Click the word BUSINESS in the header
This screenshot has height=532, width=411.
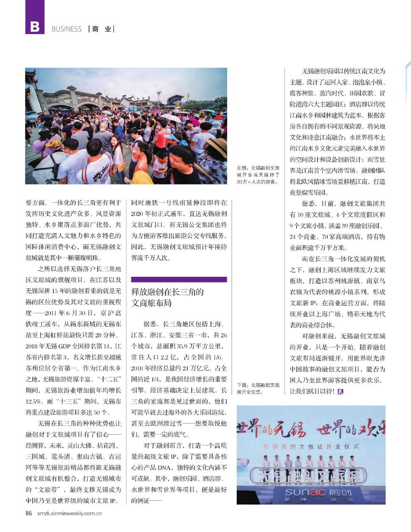67,29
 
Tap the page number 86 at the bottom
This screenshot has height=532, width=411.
29,513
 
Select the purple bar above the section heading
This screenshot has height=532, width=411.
179,280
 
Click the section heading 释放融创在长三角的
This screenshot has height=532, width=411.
168,292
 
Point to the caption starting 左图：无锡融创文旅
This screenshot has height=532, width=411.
258,175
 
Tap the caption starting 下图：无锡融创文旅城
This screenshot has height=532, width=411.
258,388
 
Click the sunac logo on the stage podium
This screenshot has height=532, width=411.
305,493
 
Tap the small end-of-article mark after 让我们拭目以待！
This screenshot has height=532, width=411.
341,391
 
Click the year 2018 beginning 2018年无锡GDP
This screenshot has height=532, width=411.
32,346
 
